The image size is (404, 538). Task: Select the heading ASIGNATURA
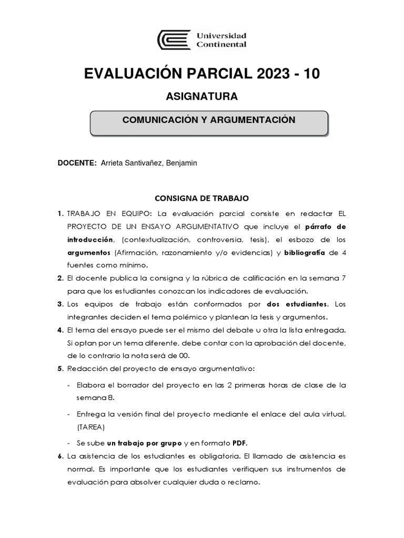coord(201,97)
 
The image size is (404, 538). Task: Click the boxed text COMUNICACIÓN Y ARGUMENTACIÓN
coord(209,120)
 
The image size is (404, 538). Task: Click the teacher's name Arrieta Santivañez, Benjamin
coord(152,163)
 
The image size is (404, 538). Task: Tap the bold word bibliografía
coord(305,252)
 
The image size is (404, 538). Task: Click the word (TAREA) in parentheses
coord(90,426)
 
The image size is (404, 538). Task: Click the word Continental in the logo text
coord(221,45)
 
